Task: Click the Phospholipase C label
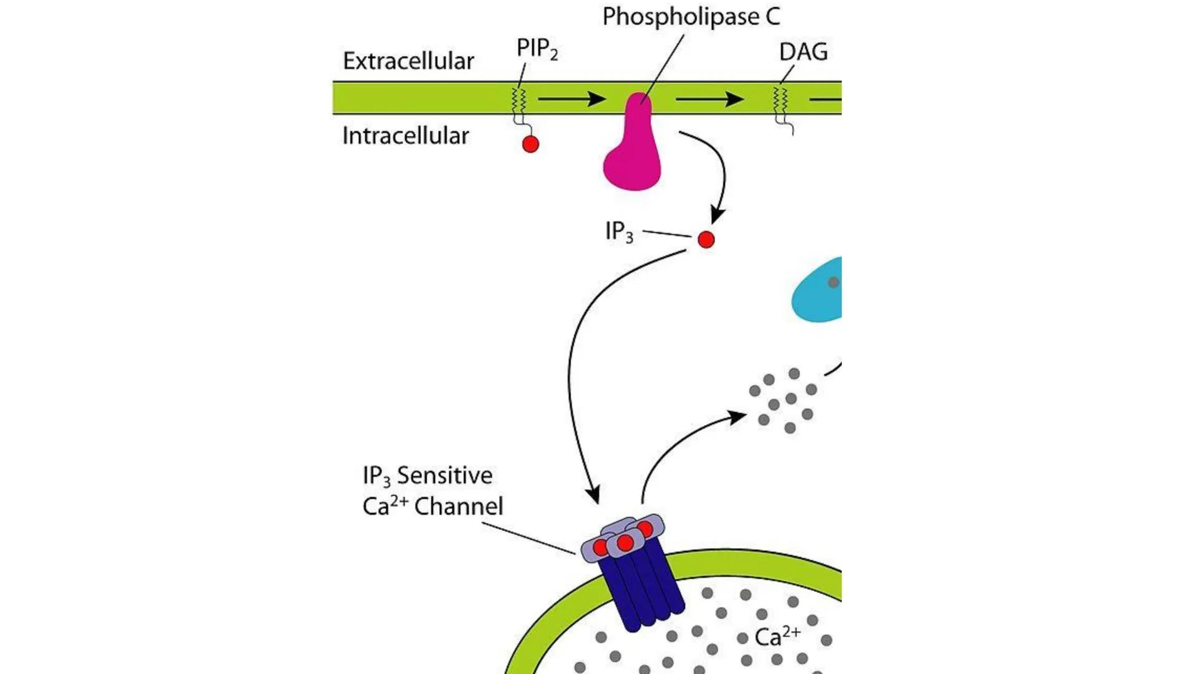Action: click(691, 17)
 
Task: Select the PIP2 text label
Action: click(537, 49)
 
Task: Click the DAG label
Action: click(803, 52)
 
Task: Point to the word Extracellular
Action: click(408, 61)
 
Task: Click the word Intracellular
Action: click(406, 136)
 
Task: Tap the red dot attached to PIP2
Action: click(530, 144)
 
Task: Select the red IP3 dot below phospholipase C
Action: click(706, 240)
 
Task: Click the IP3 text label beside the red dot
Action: click(618, 232)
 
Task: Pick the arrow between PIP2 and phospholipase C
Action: click(571, 99)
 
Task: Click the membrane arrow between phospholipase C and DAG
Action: click(709, 99)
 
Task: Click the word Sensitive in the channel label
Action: click(444, 476)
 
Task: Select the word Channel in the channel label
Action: click(459, 506)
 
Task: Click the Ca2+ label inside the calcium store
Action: click(777, 637)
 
